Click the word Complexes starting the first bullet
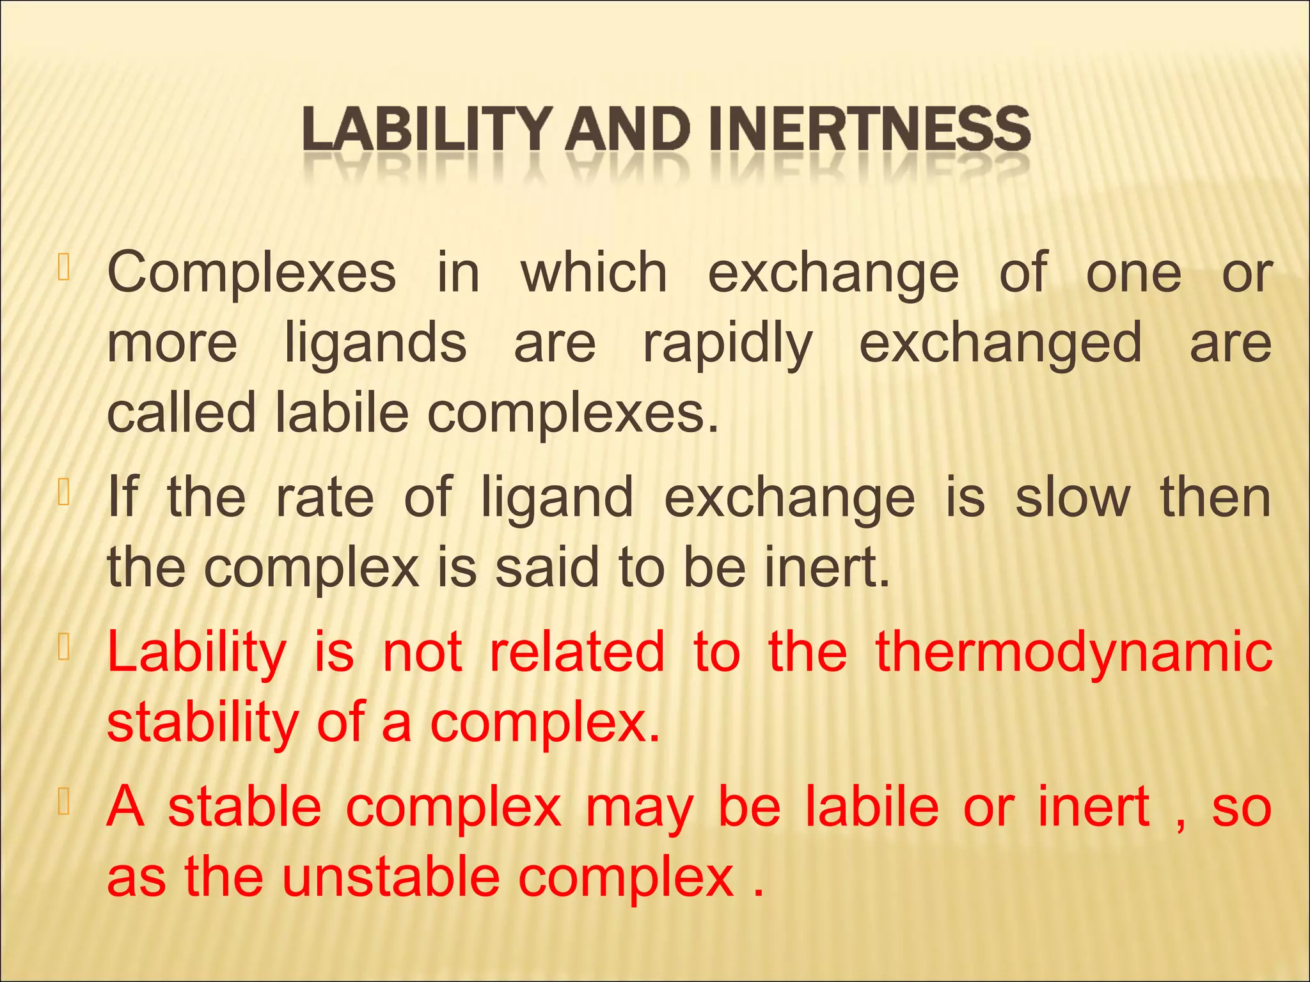[x=251, y=273]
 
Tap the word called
[x=181, y=412]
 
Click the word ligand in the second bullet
[x=556, y=499]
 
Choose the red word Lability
[x=197, y=653]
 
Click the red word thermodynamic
[x=1073, y=653]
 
